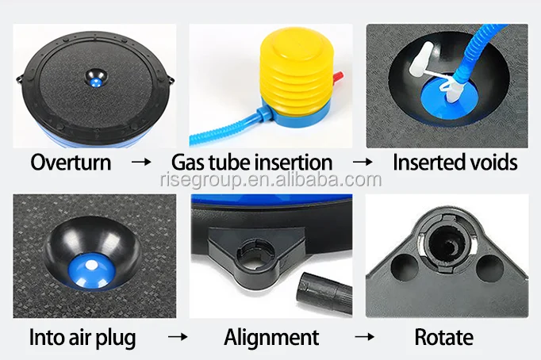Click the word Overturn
71,162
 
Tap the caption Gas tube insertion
252,162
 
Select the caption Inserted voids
455,162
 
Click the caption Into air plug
82,338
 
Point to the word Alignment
271,337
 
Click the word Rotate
443,337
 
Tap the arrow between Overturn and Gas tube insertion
141,162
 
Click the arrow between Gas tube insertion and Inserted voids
363,162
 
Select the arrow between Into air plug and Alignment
178,337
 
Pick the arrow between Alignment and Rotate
365,337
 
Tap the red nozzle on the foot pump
338,78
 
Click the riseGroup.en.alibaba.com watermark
271,180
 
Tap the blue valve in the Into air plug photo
91,270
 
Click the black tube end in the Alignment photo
324,293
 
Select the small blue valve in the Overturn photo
96,82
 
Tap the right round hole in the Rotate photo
490,268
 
